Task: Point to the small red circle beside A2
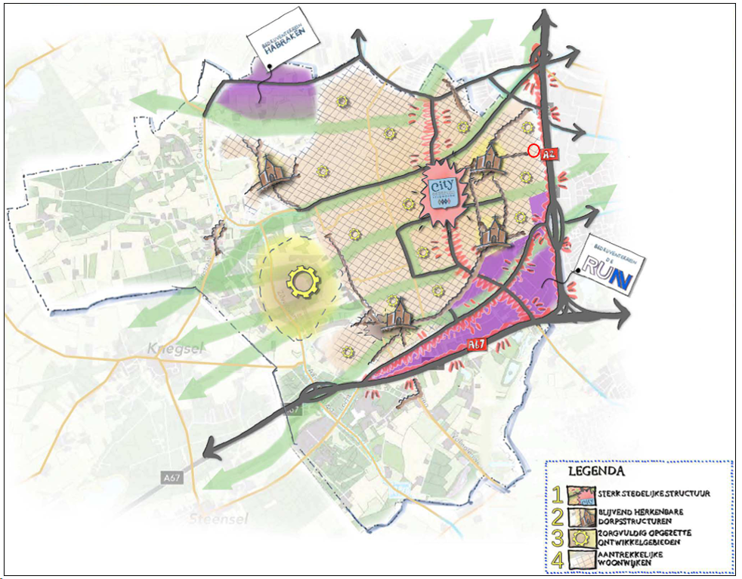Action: (x=533, y=150)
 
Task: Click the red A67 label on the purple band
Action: (x=476, y=345)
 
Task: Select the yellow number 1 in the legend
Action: (x=557, y=494)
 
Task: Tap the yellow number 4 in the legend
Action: (x=557, y=560)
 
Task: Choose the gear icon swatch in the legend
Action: (x=582, y=538)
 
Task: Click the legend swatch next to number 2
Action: (x=582, y=516)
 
